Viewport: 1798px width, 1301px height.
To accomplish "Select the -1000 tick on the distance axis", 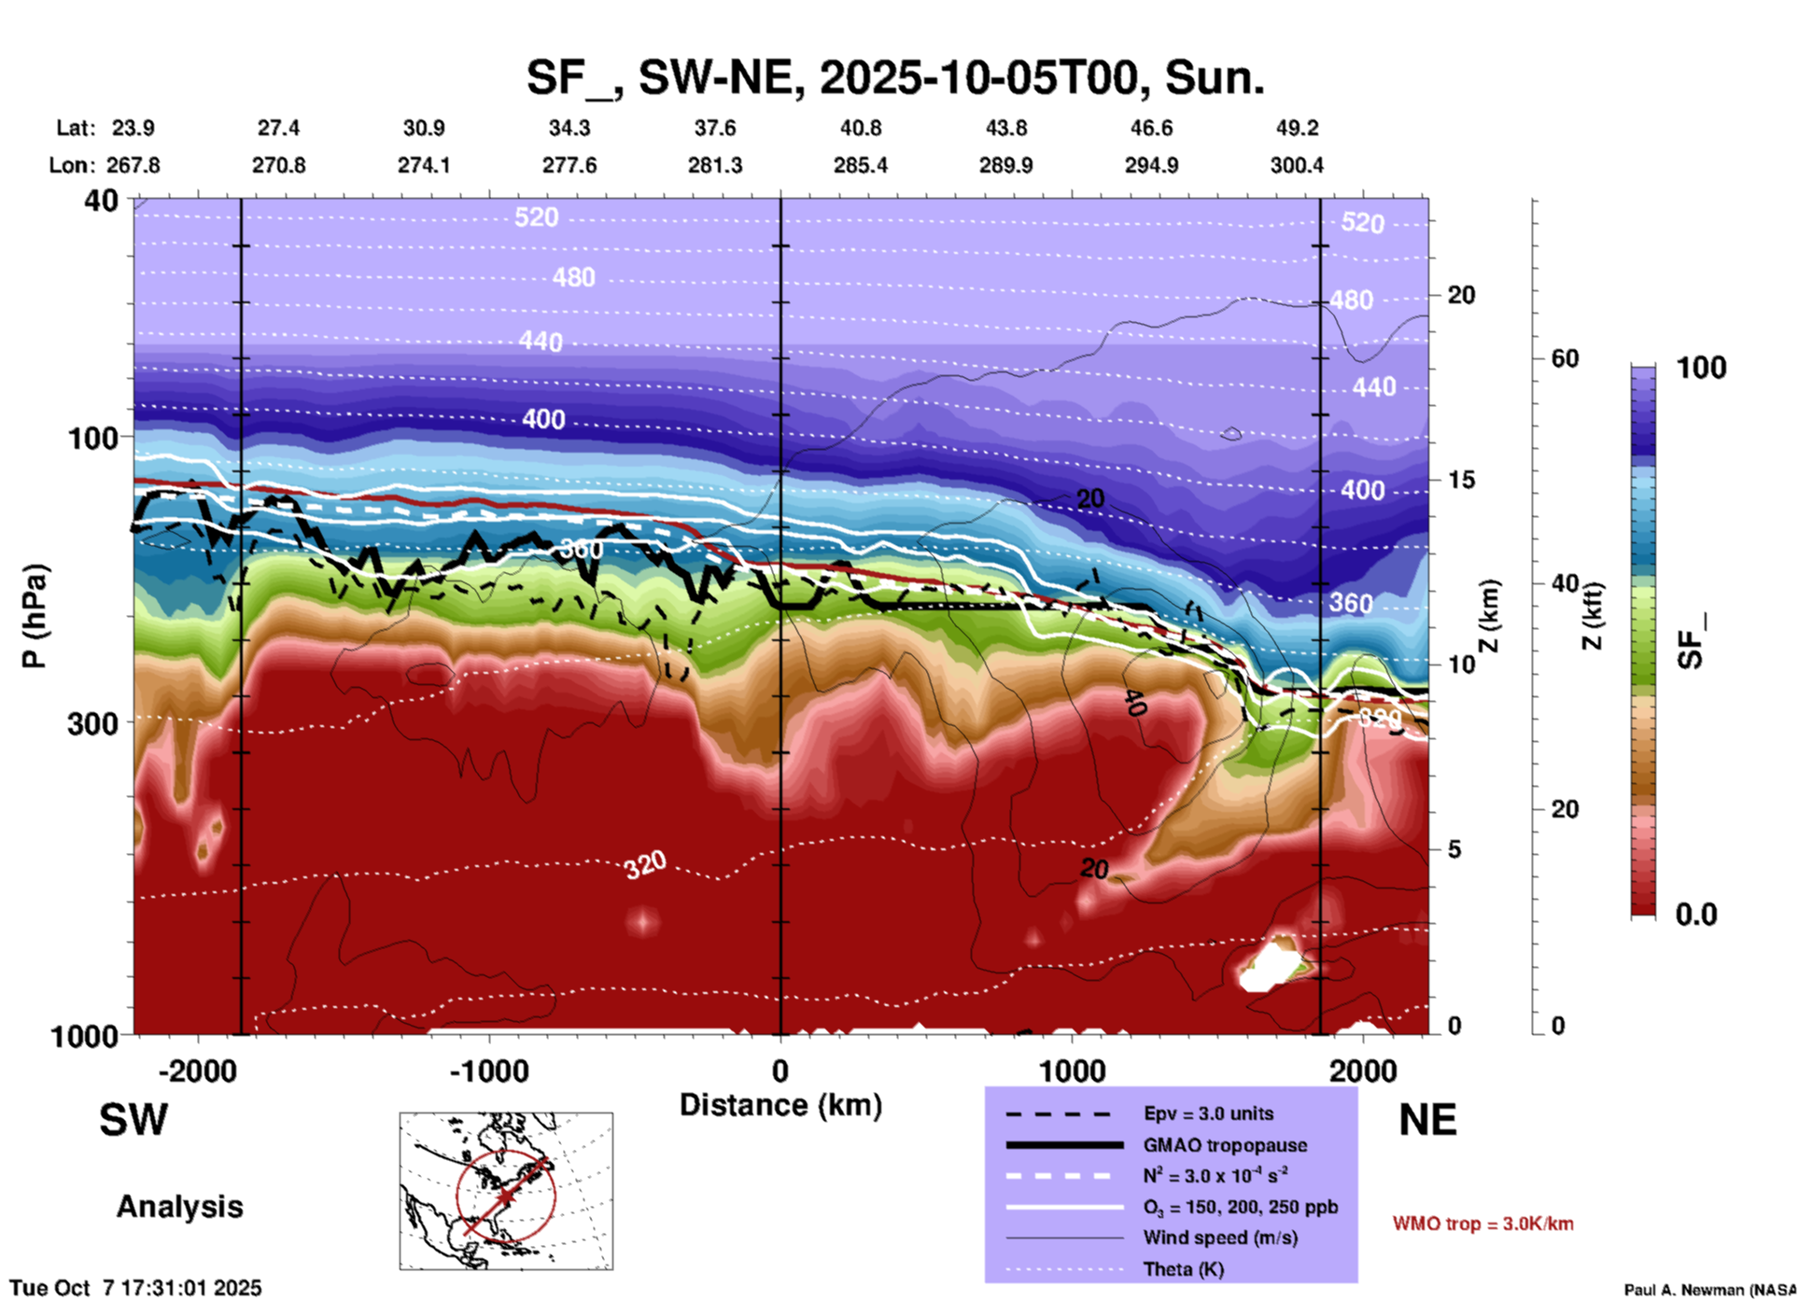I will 488,1070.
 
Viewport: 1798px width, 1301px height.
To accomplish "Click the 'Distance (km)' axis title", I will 780,1105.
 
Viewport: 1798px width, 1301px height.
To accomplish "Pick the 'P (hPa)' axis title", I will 35,616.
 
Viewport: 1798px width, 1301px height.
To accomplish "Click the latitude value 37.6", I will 715,128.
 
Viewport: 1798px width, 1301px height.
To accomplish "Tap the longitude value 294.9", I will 1151,165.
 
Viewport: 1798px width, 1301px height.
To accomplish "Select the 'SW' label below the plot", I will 133,1120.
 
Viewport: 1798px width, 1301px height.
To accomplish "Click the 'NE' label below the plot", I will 1427,1120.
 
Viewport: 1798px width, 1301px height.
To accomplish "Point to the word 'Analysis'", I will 179,1207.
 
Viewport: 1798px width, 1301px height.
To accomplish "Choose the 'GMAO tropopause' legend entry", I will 1225,1145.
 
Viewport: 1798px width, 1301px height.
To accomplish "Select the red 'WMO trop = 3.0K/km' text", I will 1482,1224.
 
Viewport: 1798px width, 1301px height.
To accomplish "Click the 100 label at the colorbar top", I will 1701,368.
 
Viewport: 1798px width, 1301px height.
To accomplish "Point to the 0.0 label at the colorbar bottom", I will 1695,914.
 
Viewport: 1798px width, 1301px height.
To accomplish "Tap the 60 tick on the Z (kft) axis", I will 1565,358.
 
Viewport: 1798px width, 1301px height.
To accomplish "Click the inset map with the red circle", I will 506,1190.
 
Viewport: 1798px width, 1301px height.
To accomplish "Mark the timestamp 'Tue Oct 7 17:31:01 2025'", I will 136,1288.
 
